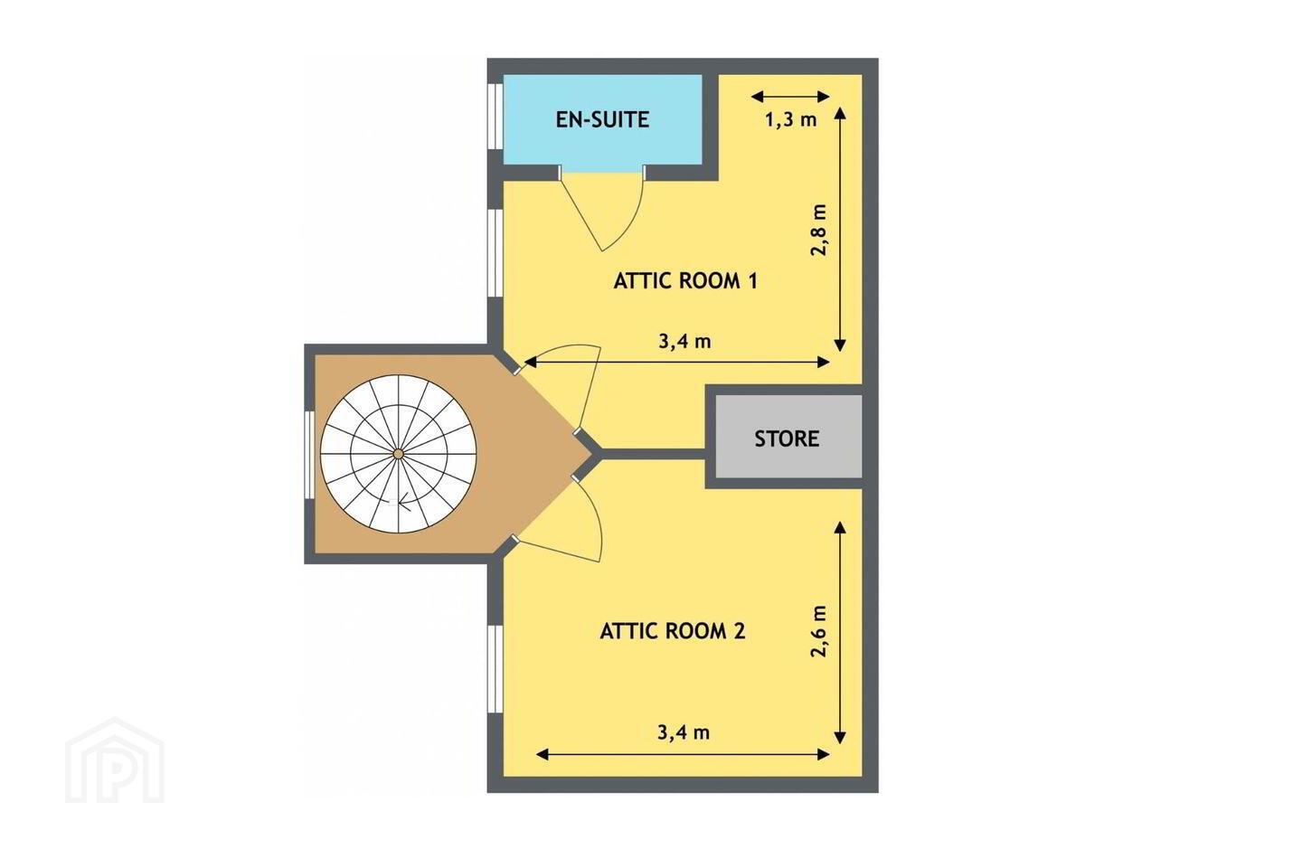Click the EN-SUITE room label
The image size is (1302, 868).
click(602, 119)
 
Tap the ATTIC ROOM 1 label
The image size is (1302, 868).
click(686, 281)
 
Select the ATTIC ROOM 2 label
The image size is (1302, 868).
click(673, 631)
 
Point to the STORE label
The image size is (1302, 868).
click(787, 439)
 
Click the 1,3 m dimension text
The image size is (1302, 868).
click(791, 120)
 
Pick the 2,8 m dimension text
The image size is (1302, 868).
click(819, 230)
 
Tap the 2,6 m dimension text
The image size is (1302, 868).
click(819, 631)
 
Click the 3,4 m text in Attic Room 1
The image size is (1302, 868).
click(684, 341)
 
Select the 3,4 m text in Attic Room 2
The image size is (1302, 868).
click(684, 732)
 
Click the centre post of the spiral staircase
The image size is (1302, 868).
click(398, 454)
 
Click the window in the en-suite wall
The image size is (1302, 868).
click(495, 117)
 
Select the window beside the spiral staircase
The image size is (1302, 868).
click(310, 455)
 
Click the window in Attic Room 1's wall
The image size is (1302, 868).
click(495, 253)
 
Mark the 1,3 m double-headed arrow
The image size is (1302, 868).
click(790, 97)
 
